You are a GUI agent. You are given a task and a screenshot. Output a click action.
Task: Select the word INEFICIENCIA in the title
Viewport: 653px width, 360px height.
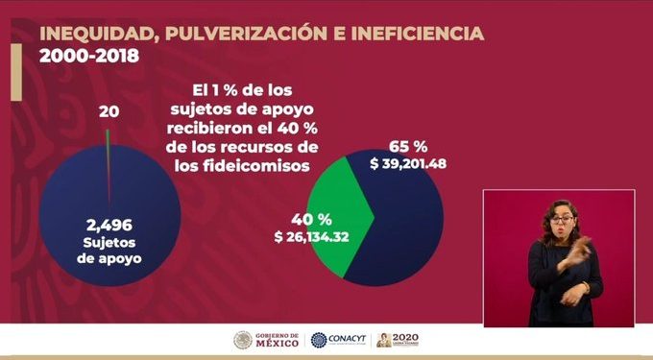[x=420, y=35]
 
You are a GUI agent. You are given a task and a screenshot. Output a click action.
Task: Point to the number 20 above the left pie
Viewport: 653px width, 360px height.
[x=109, y=111]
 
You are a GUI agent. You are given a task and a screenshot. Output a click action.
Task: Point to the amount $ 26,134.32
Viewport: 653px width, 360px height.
[x=311, y=235]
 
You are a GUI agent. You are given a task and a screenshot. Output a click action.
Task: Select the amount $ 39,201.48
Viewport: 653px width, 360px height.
[x=410, y=164]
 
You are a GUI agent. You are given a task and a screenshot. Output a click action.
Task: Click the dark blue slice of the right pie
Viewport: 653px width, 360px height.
[x=403, y=230]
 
